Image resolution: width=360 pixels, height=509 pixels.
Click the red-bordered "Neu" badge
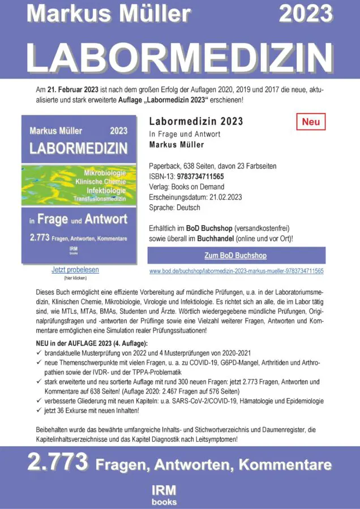click(311, 122)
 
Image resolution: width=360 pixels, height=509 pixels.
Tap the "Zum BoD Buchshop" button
click(235, 256)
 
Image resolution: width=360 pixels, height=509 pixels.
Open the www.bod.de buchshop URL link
click(236, 271)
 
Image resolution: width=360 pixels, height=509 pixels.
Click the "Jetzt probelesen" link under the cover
click(75, 270)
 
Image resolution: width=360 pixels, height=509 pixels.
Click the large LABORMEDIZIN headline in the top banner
click(180, 57)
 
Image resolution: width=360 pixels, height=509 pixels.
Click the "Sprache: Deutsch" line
click(174, 208)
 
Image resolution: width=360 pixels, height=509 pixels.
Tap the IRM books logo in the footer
click(164, 494)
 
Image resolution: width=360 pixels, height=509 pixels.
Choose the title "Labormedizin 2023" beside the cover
click(196, 122)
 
